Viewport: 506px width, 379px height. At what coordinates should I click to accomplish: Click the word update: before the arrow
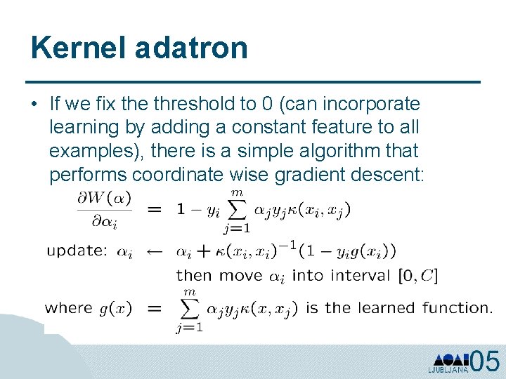[77, 251]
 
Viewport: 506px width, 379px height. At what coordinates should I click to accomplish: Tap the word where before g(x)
[68, 307]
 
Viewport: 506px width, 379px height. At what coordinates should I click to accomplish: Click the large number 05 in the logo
[485, 361]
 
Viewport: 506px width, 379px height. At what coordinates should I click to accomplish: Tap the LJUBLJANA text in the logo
[448, 369]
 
